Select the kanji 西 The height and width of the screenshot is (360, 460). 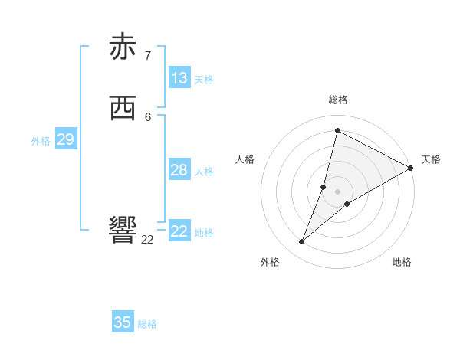coord(123,109)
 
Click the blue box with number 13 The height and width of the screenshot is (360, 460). coord(179,78)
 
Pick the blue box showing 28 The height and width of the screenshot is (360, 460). coord(179,170)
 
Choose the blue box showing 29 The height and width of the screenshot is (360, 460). coord(65,139)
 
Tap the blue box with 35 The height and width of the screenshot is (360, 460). coord(123,322)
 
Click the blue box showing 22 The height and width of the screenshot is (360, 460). coord(179,231)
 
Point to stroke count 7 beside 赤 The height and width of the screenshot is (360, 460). coord(148,55)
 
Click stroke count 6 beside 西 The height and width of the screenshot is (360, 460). coord(148,116)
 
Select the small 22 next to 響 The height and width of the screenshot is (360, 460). coord(148,240)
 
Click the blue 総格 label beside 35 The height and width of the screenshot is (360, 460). coord(147,324)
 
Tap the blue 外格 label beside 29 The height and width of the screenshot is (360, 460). coord(41,141)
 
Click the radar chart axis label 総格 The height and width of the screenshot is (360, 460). coord(338,100)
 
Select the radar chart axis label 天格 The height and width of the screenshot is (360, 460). coord(431,159)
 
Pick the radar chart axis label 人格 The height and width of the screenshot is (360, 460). coord(245,159)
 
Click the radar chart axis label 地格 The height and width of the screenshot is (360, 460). coord(402,262)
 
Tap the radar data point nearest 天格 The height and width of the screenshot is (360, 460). coord(411,168)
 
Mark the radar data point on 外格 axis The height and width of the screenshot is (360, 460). coord(302,242)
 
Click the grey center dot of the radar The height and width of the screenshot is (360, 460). coord(338,191)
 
